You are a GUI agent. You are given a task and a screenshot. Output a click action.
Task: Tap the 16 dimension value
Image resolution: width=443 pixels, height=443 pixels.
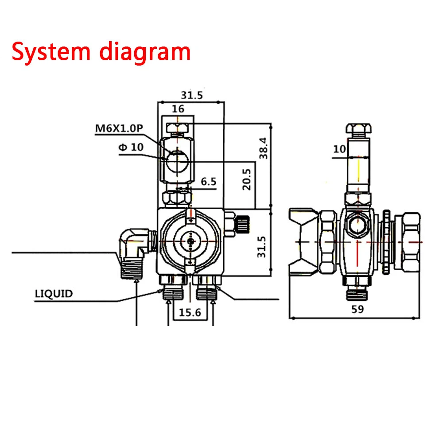(178, 109)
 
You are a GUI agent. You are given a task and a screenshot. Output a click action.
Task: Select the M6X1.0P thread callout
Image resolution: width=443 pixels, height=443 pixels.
(119, 128)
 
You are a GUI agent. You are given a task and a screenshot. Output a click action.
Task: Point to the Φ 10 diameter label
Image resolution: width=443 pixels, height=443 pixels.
(131, 147)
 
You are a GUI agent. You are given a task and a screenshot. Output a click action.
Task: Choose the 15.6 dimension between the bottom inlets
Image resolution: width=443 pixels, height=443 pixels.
(190, 312)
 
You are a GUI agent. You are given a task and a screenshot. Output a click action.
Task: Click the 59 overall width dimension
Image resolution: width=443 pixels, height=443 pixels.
(357, 309)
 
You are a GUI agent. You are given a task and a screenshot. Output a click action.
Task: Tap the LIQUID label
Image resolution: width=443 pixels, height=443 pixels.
(54, 293)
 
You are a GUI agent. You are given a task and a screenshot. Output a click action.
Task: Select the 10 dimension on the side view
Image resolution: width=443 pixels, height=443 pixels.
(340, 149)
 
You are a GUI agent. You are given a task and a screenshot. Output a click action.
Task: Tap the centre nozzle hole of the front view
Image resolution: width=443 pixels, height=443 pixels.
(190, 241)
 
